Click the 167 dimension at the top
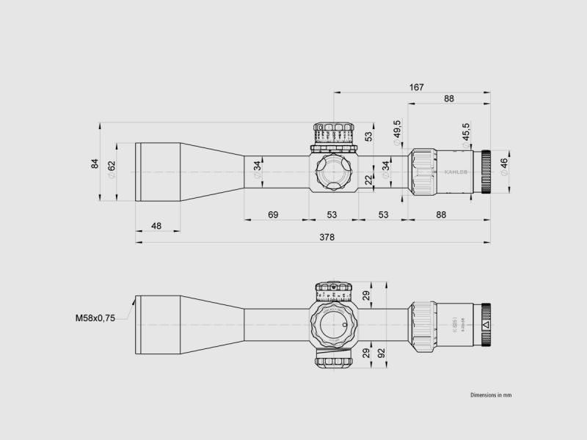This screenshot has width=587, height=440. [416, 87]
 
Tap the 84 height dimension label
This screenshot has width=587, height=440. [95, 164]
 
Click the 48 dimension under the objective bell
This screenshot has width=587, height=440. [156, 226]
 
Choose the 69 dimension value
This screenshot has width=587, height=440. [273, 214]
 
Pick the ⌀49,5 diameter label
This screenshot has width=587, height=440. [397, 131]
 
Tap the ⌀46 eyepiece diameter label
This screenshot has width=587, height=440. [503, 164]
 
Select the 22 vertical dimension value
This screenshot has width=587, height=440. [369, 180]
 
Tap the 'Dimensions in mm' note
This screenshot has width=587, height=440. [491, 395]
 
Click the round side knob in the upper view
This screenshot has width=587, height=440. [333, 171]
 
